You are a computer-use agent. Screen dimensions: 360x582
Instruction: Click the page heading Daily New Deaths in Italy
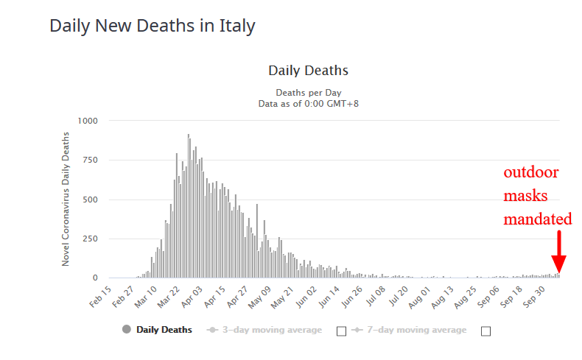[152, 26]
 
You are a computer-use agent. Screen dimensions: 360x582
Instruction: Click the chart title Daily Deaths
[308, 71]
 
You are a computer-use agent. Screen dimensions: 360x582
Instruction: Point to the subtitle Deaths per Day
[308, 93]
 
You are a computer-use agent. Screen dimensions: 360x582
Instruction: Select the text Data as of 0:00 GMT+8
[308, 104]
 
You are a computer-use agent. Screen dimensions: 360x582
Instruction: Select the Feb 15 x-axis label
[101, 297]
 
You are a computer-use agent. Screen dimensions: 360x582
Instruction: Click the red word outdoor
[530, 173]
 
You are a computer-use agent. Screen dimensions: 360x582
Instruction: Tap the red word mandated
[538, 219]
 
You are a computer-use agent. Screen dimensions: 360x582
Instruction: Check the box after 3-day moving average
[341, 331]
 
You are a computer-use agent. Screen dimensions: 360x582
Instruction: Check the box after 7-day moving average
[485, 331]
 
